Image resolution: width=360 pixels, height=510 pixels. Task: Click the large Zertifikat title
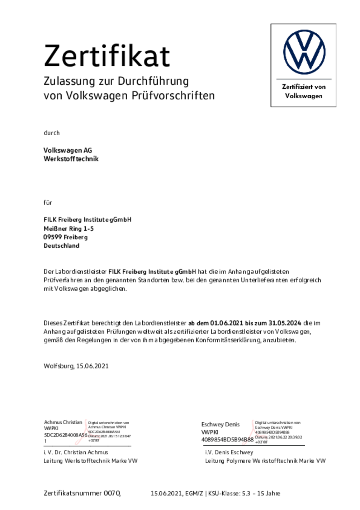tap(106, 56)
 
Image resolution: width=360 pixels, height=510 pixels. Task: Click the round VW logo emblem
tap(304, 52)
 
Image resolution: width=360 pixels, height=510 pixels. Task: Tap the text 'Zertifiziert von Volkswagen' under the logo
tap(304, 92)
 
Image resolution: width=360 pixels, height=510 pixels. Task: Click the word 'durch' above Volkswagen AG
tap(52, 133)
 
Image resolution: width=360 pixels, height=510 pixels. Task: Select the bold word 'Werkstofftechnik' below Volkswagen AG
tap(71, 159)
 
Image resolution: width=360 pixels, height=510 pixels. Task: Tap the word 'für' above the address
tap(48, 202)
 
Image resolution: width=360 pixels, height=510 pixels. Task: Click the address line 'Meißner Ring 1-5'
tap(68, 229)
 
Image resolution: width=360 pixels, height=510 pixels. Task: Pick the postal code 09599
tap(52, 237)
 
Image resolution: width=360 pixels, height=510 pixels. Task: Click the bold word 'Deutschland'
tap(61, 246)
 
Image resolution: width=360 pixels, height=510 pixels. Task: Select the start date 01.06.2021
tap(227, 323)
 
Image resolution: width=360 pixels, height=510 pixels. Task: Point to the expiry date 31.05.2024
tap(285, 323)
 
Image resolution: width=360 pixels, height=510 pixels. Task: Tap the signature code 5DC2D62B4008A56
tap(65, 435)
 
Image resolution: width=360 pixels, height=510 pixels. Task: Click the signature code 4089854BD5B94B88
tap(227, 440)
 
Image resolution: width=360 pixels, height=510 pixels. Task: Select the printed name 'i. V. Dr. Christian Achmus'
tap(76, 452)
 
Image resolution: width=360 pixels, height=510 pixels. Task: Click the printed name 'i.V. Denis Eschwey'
tap(229, 452)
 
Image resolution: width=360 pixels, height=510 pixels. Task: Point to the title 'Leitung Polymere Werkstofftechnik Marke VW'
tap(265, 461)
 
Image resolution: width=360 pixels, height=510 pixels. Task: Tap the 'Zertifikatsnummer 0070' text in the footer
tap(82, 493)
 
